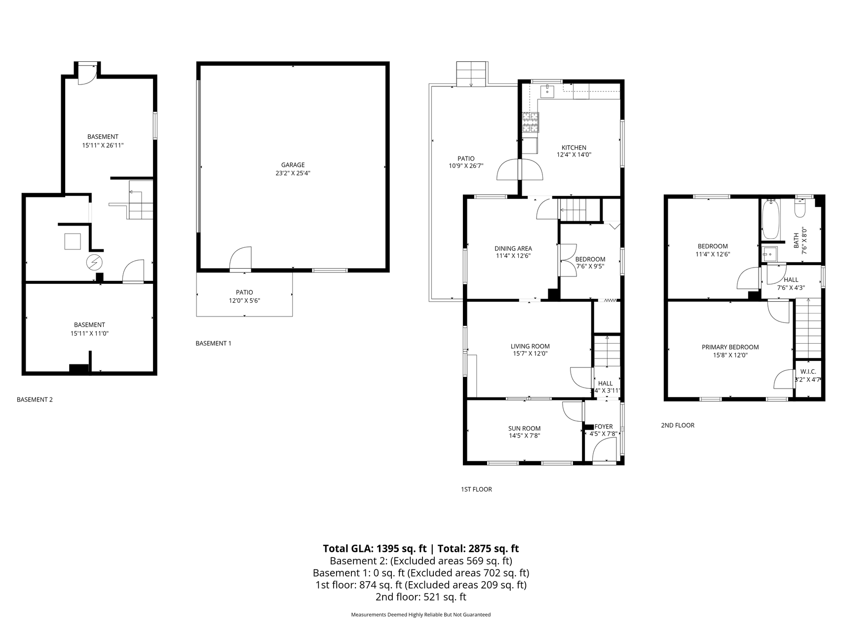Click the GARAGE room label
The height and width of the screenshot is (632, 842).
click(293, 165)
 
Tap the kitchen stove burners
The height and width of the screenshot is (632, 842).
click(531, 123)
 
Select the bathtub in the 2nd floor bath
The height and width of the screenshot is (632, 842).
click(770, 219)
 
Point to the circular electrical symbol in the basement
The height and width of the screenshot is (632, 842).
click(94, 262)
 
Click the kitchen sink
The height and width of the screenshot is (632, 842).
click(547, 91)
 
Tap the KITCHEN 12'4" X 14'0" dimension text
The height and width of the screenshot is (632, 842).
click(574, 155)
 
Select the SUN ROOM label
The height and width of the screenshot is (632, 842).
click(525, 429)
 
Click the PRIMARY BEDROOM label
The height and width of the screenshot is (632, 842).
click(730, 347)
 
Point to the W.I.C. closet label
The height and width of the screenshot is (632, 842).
click(808, 371)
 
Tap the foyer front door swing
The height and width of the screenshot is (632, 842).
click(605, 450)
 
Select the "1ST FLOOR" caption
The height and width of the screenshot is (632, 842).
click(476, 489)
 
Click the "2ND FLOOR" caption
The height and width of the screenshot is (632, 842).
click(678, 425)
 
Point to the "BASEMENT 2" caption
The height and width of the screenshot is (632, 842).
click(35, 399)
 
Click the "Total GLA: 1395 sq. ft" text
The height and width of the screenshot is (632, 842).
click(375, 548)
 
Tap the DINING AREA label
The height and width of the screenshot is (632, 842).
click(513, 248)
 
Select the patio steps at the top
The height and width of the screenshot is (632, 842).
click(471, 74)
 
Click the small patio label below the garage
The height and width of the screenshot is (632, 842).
click(244, 292)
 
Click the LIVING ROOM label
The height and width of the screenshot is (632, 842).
click(530, 346)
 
